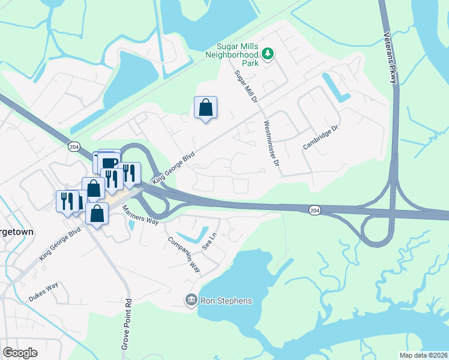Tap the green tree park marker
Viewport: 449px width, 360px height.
click(268, 55)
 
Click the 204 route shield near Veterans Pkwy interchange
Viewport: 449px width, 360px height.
click(315, 209)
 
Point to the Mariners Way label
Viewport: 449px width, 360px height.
click(140, 215)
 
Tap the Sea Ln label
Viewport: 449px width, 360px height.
click(209, 241)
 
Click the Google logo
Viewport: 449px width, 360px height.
click(20, 352)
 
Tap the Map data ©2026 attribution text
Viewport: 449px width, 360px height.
click(423, 355)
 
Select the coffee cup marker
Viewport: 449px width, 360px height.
click(109, 163)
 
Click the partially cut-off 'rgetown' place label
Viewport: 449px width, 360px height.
click(17, 232)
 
